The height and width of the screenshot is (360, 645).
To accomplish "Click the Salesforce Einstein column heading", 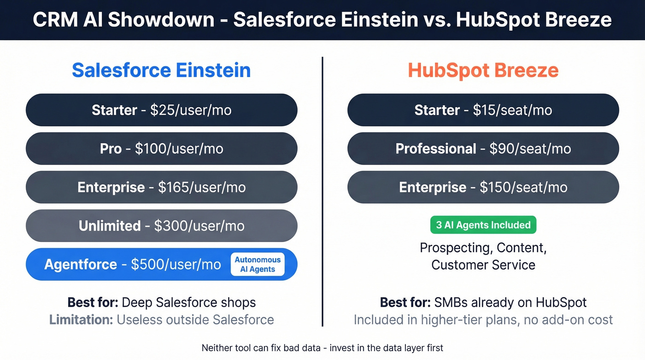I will (161, 71).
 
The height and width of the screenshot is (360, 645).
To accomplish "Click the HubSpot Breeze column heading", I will (483, 71).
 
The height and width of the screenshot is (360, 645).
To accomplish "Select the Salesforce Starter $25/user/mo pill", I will (161, 110).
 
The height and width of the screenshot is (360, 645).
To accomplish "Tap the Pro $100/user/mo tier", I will (161, 149).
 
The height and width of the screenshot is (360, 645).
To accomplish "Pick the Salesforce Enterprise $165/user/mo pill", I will (161, 188).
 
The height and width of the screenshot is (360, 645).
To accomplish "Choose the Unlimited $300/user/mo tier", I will (161, 226).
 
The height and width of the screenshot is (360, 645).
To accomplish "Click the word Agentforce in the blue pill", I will (81, 265).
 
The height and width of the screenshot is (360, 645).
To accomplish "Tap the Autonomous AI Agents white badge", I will (258, 265).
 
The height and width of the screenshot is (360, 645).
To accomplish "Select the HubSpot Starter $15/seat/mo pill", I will (483, 110).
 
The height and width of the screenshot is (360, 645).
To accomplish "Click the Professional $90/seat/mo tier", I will (483, 149).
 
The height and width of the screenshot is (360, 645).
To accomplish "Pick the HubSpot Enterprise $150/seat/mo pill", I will (483, 188).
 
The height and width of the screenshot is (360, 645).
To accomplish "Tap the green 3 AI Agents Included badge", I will (483, 225).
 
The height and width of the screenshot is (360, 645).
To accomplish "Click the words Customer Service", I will (483, 265).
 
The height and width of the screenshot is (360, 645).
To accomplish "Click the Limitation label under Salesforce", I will (81, 319).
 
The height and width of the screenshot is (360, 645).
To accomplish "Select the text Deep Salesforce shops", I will (188, 303).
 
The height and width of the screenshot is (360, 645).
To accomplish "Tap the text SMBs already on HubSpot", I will (510, 303).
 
